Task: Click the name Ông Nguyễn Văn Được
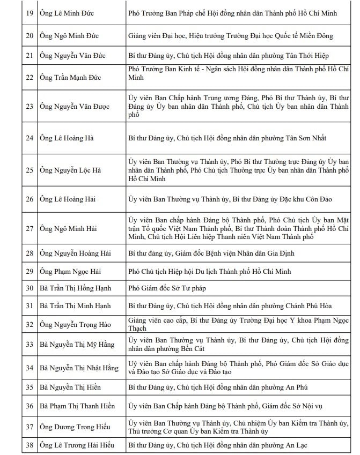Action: (x=75, y=106)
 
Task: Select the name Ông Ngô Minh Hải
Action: (x=68, y=229)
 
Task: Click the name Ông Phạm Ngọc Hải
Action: (x=72, y=271)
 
